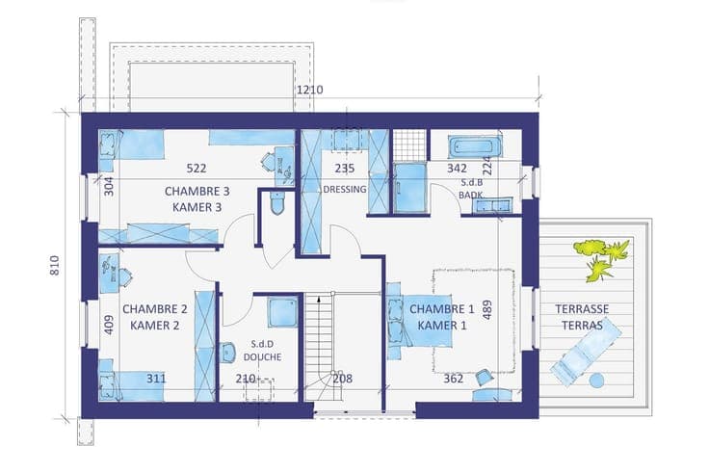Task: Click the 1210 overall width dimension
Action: tap(310, 90)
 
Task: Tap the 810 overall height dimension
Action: tap(54, 266)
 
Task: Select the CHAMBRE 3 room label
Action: tap(197, 191)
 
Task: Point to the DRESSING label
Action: tap(345, 189)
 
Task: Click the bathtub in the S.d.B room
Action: tap(474, 146)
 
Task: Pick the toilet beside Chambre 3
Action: tap(276, 204)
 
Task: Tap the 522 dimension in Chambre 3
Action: tap(197, 169)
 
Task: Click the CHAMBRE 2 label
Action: tap(155, 309)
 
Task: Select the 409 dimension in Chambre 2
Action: tap(109, 325)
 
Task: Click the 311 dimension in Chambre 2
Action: tap(156, 378)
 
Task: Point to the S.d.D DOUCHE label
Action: tap(262, 351)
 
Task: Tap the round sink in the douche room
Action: tap(227, 353)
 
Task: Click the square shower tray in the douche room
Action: tap(282, 312)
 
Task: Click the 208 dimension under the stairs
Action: tap(342, 378)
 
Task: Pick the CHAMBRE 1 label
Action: tap(442, 309)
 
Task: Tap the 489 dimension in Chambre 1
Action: tap(487, 310)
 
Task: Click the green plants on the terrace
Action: tap(601, 259)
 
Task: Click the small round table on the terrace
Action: tap(597, 380)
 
